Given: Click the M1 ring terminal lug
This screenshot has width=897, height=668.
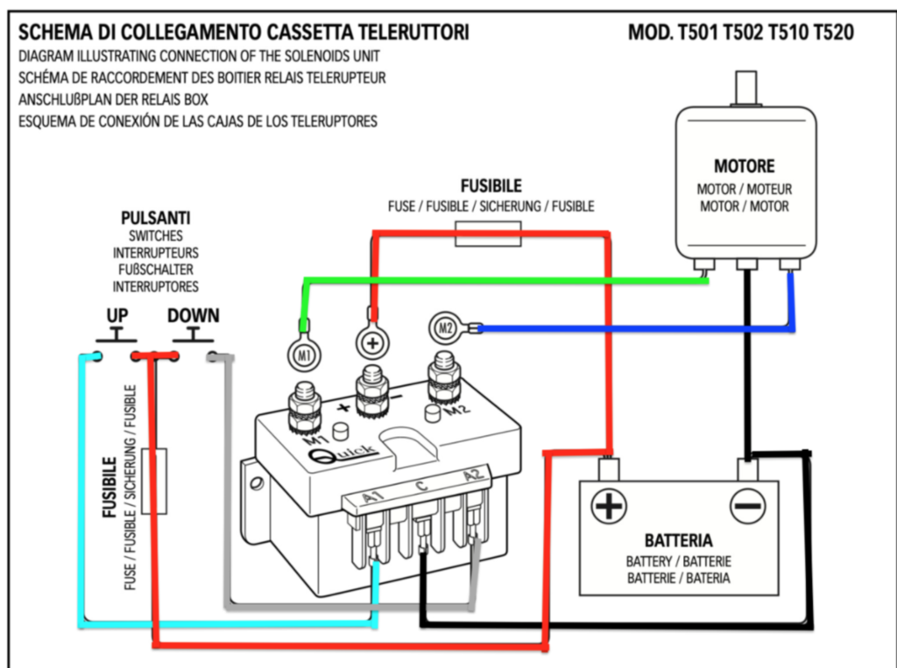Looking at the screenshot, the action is coord(304,355).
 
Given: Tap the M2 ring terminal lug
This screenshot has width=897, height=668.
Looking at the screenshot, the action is coord(446,328).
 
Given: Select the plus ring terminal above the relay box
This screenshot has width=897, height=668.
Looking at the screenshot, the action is coord(373,343).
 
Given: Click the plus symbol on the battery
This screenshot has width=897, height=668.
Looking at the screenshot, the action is coord(608,505).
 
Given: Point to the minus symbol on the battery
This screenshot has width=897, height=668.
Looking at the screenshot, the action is coord(747,505).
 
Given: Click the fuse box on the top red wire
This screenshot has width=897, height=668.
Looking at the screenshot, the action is coord(488,234).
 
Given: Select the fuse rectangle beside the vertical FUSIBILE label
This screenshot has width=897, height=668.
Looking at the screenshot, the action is coord(154,481).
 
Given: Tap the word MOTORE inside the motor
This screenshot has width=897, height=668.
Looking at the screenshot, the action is coord(745,165).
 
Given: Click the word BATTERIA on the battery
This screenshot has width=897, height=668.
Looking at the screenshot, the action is coord(679,540).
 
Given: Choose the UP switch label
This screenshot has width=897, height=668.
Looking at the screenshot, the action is coord(117,316).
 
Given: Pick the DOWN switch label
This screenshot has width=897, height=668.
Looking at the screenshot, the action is coord(194,316).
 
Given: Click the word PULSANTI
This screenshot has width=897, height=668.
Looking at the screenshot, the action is coord(156,218).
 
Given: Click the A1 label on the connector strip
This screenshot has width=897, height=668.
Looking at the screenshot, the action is coord(372,496).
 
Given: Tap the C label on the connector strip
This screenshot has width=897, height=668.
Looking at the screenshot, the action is coord(421,486).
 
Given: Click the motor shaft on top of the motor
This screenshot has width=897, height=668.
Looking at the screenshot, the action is coord(746,88).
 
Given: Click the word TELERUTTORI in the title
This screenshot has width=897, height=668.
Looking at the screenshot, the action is coord(413,32).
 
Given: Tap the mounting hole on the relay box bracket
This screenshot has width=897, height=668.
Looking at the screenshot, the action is coord(257,483).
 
